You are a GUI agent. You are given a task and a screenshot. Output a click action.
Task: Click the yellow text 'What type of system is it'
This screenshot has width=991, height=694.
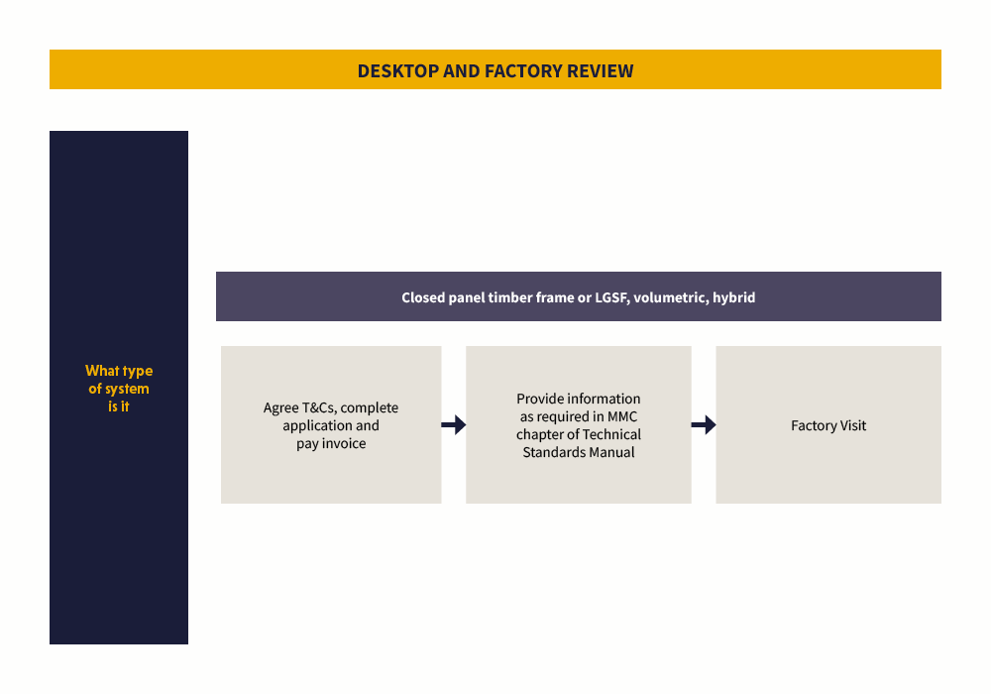tap(119, 389)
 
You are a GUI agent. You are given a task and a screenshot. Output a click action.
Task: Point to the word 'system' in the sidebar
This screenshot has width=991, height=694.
tap(127, 389)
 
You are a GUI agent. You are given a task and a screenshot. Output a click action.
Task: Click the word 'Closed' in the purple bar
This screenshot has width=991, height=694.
tap(424, 297)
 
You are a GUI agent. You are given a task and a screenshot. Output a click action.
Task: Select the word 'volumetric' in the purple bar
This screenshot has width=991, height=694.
tap(670, 297)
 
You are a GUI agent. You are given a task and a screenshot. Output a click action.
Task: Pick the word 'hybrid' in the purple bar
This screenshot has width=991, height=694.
tap(734, 297)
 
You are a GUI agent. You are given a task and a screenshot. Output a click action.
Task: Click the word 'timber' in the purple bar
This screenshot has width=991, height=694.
tap(510, 297)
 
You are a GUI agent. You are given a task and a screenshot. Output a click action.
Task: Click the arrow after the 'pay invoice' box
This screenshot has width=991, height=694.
tap(453, 425)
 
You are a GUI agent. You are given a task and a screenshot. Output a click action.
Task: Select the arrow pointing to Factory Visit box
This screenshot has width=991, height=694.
tap(703, 425)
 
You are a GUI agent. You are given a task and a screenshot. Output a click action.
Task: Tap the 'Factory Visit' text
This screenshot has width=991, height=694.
tap(828, 426)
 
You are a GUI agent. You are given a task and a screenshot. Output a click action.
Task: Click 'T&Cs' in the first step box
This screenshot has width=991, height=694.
tap(319, 408)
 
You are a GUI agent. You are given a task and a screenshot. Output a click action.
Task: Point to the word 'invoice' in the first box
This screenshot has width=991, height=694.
tap(343, 444)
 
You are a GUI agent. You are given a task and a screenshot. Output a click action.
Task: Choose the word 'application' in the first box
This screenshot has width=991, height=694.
tap(317, 426)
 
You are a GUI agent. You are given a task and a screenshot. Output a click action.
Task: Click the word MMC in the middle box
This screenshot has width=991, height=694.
tap(622, 416)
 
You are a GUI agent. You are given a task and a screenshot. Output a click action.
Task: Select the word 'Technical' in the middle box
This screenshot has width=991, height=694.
tap(611, 434)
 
